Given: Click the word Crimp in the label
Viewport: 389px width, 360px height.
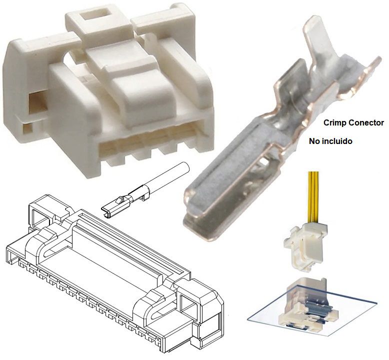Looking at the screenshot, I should (x=334, y=122).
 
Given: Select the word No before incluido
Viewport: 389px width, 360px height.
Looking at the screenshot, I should (x=314, y=141).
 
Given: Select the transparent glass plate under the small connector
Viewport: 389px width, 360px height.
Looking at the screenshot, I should (x=270, y=315).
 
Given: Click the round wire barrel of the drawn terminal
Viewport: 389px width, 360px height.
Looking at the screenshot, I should (x=172, y=175).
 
